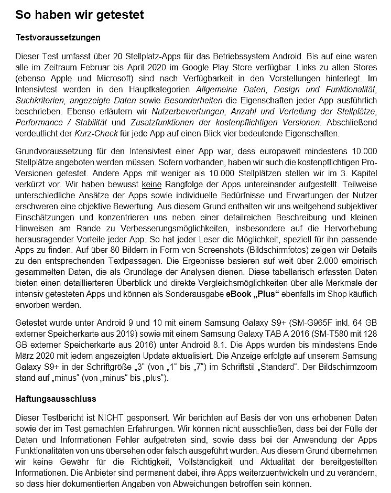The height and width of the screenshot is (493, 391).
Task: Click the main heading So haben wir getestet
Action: coord(80,15)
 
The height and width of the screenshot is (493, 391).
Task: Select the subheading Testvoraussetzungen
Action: coord(58,38)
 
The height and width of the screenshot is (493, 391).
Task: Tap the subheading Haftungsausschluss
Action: coord(56,399)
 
